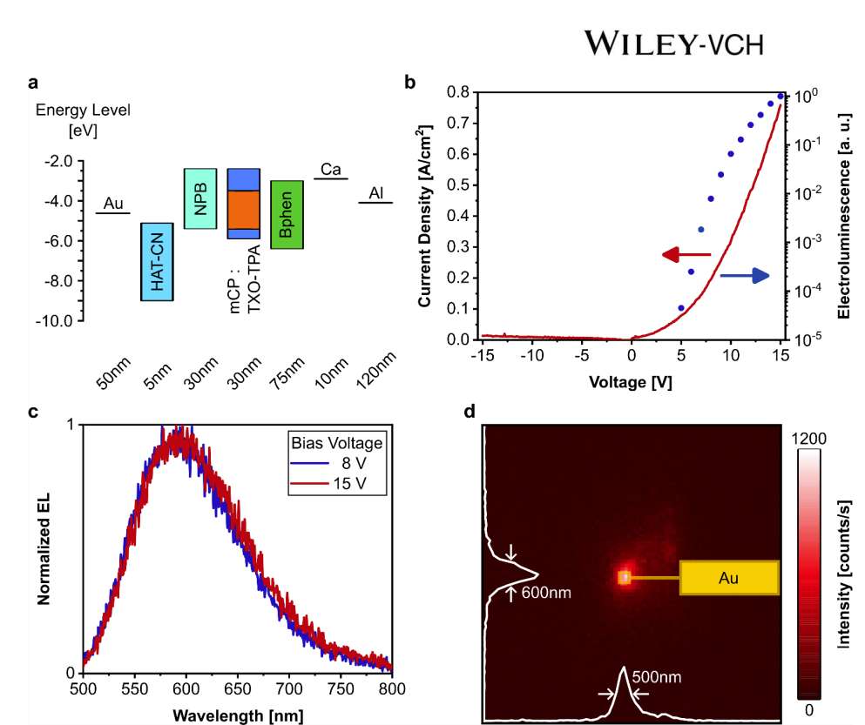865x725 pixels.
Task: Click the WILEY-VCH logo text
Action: coord(675,43)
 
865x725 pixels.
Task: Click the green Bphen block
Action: coord(286,215)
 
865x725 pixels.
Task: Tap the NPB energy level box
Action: coord(200,198)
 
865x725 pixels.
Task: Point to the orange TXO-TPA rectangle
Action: coord(244,209)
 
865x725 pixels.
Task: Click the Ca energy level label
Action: coord(330,168)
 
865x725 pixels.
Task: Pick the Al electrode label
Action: coord(376,192)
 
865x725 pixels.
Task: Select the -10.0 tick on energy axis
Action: coord(54,321)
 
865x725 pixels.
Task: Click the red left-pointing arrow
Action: coord(686,255)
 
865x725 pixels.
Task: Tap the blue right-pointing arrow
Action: coord(745,276)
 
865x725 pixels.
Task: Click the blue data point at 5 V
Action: coord(681,308)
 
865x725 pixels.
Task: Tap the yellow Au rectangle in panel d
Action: coord(728,577)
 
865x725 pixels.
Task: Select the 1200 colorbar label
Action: coord(809,440)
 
